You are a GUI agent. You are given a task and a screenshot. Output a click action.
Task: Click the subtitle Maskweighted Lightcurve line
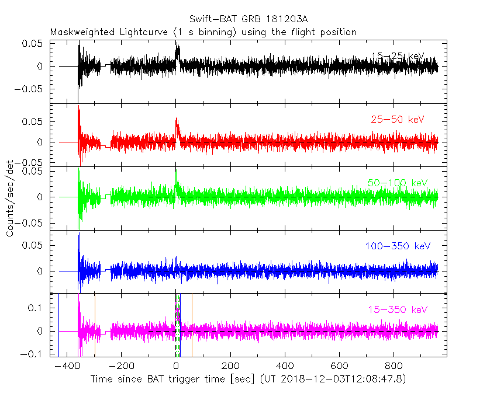203,32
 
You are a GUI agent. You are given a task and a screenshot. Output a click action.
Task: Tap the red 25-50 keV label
397,120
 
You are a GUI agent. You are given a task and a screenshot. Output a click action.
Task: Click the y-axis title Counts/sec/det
11,198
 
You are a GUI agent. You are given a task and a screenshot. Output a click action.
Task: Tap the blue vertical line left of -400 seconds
58,324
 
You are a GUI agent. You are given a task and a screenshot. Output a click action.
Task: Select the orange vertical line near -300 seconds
95,324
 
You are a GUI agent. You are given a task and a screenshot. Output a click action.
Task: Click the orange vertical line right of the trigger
192,324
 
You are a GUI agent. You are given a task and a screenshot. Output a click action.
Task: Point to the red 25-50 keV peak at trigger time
177,119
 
